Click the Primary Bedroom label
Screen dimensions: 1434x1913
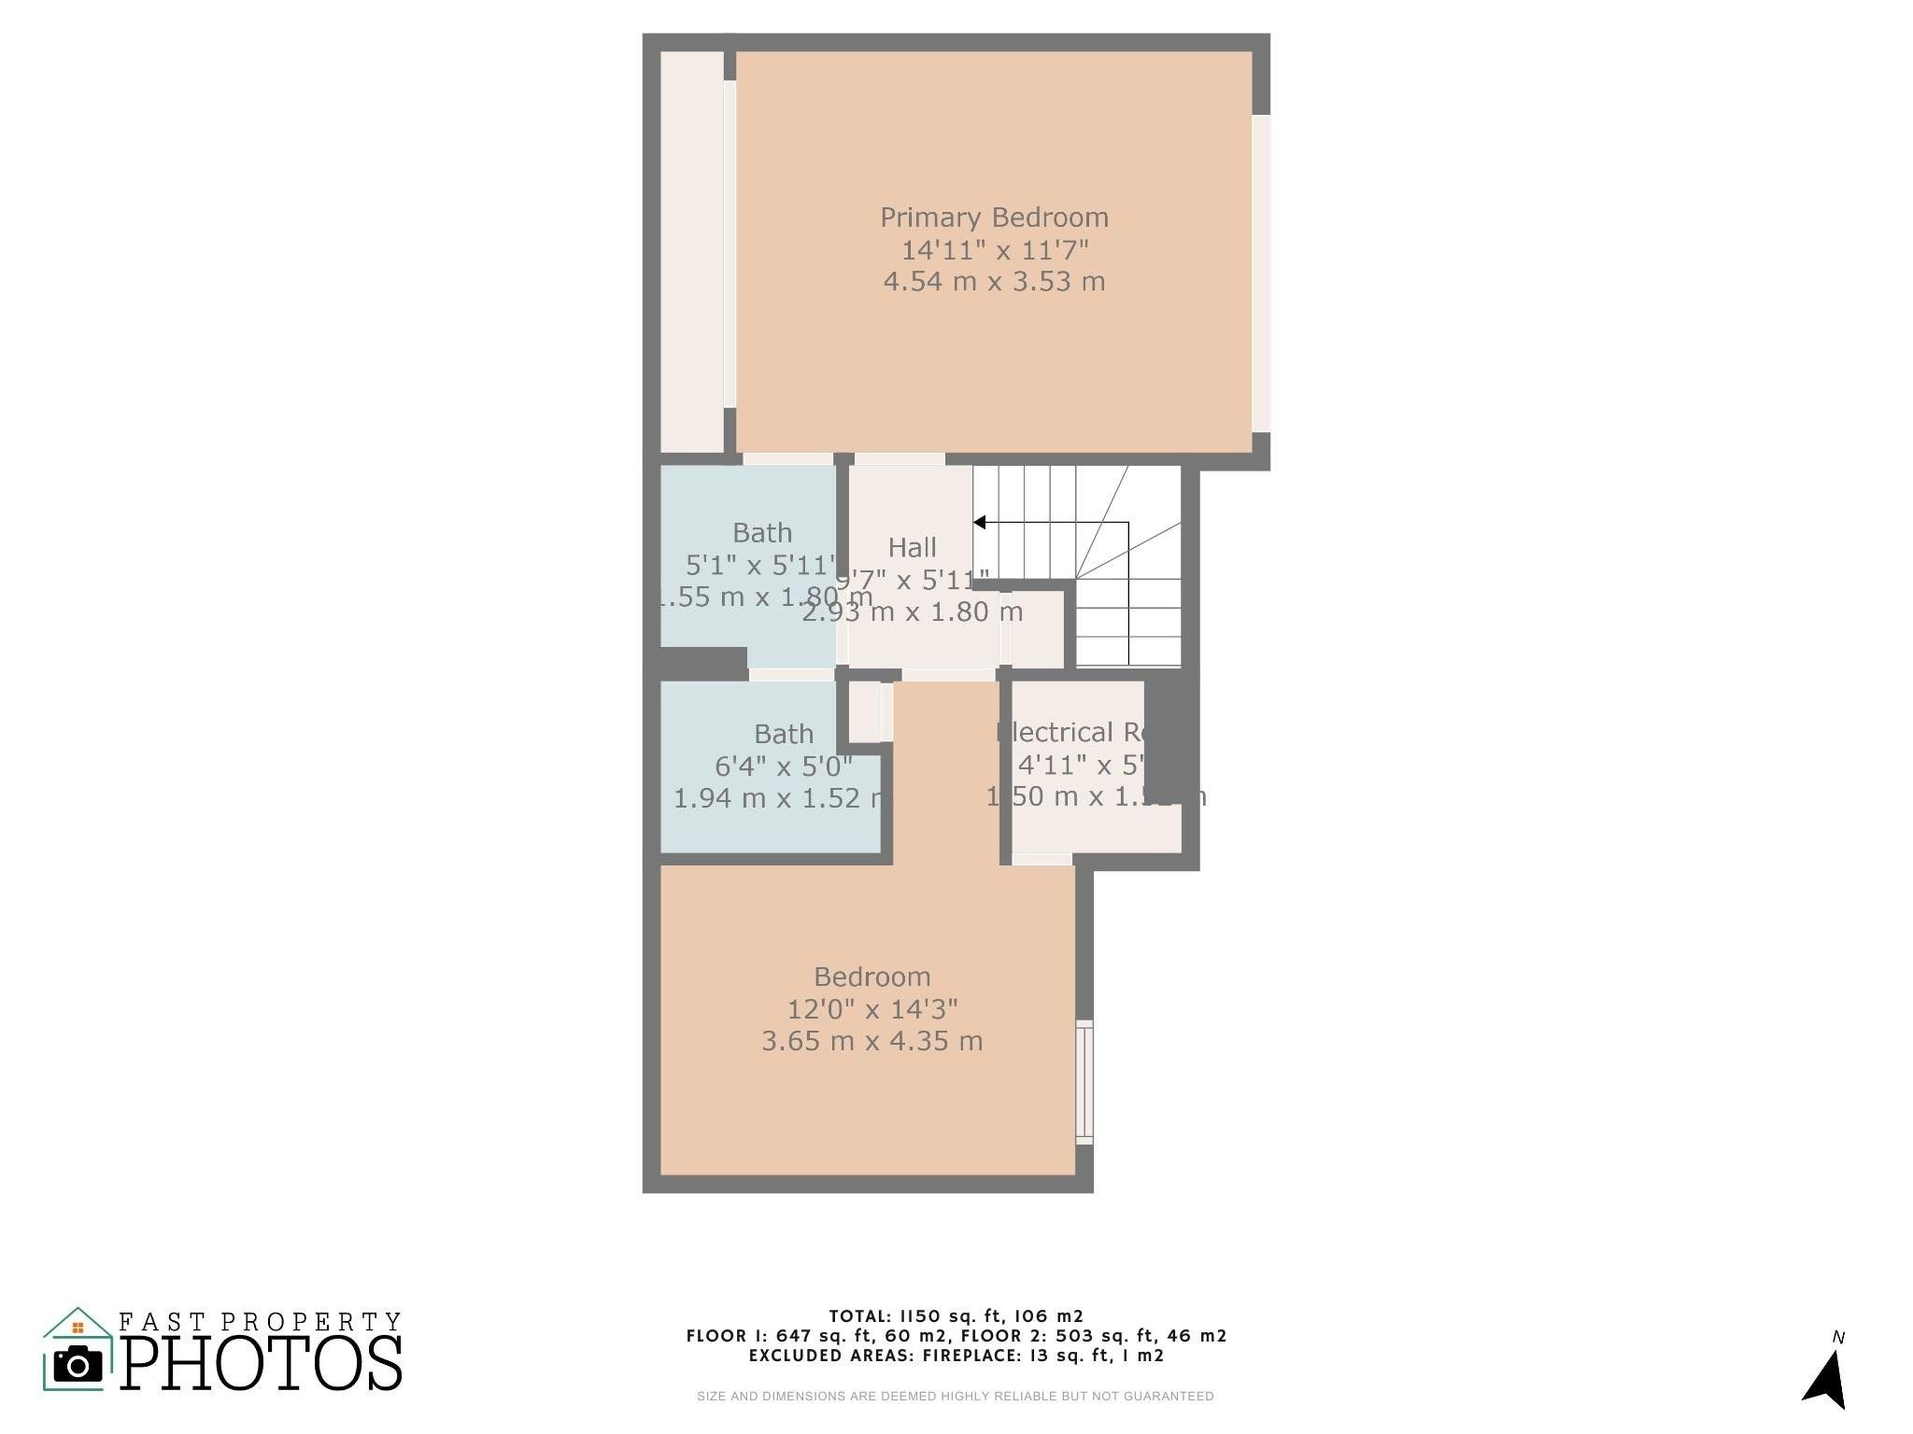point(994,218)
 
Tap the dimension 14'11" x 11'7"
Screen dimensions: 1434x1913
point(995,250)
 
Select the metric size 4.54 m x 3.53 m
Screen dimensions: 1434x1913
point(995,281)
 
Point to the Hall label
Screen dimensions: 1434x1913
point(912,547)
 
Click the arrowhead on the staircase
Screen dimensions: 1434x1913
point(980,523)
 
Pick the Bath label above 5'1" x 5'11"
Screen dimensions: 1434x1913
point(762,533)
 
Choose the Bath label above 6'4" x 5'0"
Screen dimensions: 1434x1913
point(784,734)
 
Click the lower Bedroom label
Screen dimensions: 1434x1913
point(872,977)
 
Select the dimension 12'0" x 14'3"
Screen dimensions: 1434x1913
point(872,1009)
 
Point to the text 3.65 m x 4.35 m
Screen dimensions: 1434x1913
point(872,1041)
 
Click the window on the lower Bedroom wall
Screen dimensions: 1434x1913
point(1084,1082)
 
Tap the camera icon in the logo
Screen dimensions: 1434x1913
point(78,1365)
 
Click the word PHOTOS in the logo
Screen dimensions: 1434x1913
point(262,1363)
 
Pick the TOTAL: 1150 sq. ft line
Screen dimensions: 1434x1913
point(956,1316)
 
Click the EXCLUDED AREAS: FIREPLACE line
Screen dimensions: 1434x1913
point(956,1356)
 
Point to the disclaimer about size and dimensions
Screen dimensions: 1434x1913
point(955,1397)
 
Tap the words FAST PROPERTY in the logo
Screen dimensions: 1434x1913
point(260,1322)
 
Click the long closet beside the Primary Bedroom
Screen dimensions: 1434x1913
point(692,252)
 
